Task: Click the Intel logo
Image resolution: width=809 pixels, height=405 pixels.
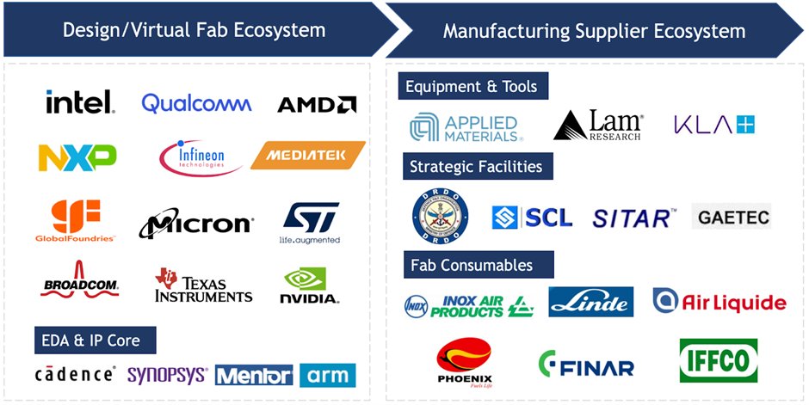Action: click(x=80, y=103)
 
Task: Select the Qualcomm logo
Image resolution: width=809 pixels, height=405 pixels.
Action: click(x=196, y=104)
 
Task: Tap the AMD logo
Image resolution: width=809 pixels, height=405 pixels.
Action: click(x=317, y=106)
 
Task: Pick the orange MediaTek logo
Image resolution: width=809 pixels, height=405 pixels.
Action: click(x=308, y=156)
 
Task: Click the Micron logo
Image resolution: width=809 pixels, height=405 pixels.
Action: click(x=196, y=224)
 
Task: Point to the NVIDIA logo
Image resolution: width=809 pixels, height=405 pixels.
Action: click(x=310, y=287)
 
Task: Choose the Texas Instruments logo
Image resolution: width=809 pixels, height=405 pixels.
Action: click(x=203, y=285)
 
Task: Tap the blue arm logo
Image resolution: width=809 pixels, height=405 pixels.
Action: click(x=328, y=376)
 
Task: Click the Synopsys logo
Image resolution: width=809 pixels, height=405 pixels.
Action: click(x=167, y=376)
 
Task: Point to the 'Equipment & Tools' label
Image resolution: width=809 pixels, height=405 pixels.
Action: click(x=472, y=87)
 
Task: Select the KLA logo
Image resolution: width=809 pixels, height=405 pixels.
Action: click(x=713, y=126)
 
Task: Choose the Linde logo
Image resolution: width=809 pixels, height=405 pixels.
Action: click(x=591, y=302)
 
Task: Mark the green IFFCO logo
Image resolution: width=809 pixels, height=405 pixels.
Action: click(x=719, y=361)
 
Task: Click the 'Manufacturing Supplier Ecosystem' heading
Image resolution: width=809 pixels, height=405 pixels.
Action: click(x=594, y=31)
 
